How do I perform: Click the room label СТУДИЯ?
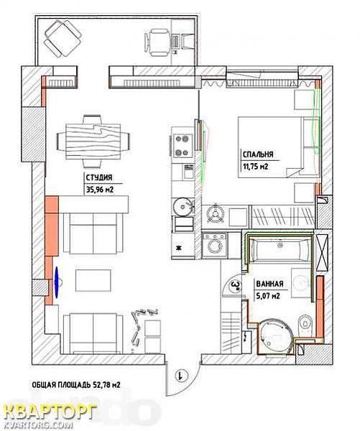(x=99, y=177)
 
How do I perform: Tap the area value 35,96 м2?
(x=100, y=190)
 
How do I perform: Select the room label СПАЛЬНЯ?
(x=258, y=154)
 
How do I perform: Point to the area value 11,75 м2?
(x=256, y=167)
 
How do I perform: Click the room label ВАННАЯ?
(x=269, y=284)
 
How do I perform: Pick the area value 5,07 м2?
(x=268, y=296)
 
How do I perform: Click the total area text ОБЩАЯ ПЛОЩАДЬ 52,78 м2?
(x=76, y=385)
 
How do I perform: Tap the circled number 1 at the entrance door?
(x=181, y=375)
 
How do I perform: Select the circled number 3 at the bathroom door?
(x=236, y=286)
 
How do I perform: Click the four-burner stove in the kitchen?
(x=183, y=146)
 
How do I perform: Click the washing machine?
(x=215, y=245)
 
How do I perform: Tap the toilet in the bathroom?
(x=305, y=323)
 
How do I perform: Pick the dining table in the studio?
(x=93, y=142)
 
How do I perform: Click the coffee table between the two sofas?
(x=93, y=280)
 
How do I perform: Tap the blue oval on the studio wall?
(x=57, y=282)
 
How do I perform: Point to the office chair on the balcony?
(x=157, y=42)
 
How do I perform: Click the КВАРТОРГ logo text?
(x=50, y=412)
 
